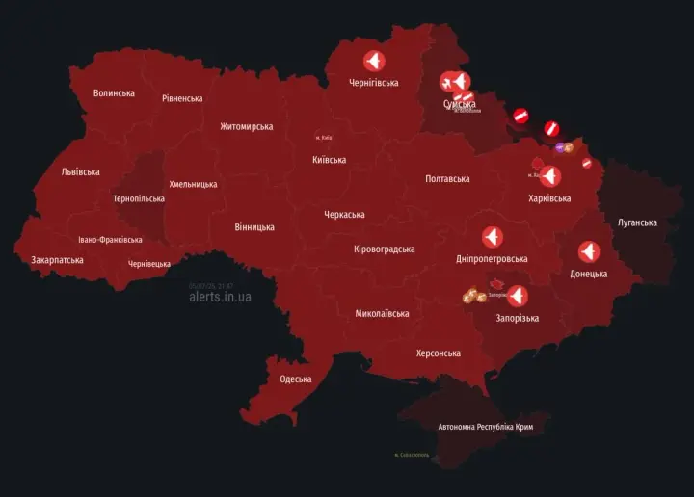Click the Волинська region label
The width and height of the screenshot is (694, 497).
114,93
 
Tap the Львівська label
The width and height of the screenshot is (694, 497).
80,172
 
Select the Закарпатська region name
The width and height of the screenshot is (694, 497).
57,260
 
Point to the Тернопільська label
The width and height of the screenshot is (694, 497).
139,199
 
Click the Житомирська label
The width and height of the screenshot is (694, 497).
246,127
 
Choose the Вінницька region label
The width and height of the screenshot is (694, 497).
254,228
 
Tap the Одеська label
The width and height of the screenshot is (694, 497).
296,379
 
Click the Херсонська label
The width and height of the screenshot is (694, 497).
438,353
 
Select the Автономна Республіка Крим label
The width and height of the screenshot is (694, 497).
485,427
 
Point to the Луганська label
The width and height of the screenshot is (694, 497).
637,223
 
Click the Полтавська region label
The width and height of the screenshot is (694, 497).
447,179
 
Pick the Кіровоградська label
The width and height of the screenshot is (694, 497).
385,249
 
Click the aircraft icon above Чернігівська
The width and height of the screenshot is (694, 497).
373,62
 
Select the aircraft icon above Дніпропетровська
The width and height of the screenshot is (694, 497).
492,237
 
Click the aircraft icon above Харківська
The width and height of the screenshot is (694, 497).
549,176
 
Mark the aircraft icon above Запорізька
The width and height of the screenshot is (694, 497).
517,297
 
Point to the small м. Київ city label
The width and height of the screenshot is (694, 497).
324,138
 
